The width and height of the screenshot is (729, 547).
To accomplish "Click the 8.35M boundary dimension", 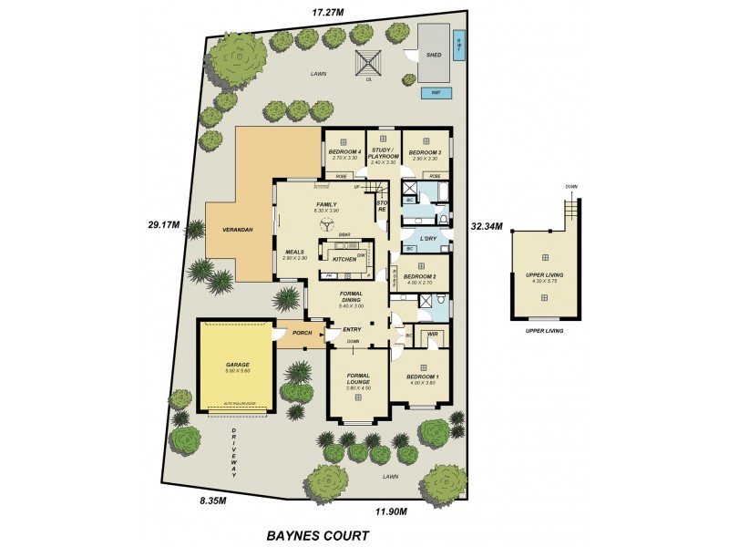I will pos(213,500).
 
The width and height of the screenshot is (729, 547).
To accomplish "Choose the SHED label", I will pos(434,55).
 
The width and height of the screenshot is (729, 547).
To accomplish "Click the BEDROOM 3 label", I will pos(425,152).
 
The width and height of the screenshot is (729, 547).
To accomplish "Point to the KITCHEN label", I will pos(344,260).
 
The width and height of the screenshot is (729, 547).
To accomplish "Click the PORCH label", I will pos(303,334).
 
